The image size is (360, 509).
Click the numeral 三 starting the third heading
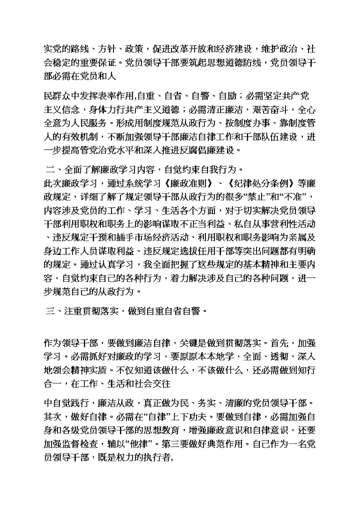pyautogui.click(x=49, y=310)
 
